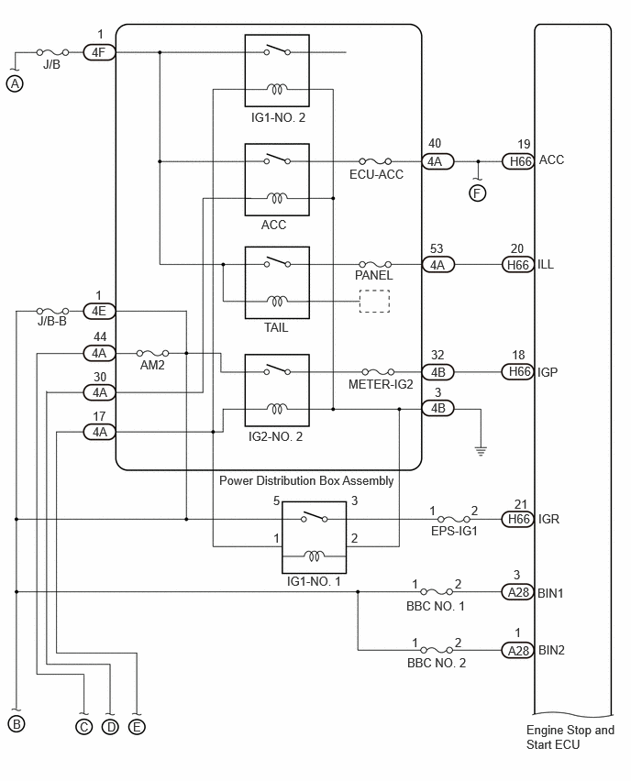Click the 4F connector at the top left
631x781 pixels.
pyautogui.click(x=99, y=52)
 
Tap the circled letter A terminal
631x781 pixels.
pyautogui.click(x=15, y=83)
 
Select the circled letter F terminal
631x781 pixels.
pyautogui.click(x=478, y=193)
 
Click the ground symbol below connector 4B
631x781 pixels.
pyautogui.click(x=481, y=451)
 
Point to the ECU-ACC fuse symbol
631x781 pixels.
pyautogui.click(x=375, y=161)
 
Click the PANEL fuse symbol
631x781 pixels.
pyautogui.click(x=375, y=264)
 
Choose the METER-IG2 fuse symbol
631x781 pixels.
pyautogui.click(x=378, y=371)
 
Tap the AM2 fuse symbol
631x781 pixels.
pyautogui.click(x=152, y=353)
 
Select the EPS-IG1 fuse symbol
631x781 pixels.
pyautogui.click(x=454, y=519)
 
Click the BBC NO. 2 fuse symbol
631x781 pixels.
pyautogui.click(x=437, y=650)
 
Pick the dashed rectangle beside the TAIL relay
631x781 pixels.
pyautogui.click(x=374, y=302)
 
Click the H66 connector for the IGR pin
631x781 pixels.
pyautogui.click(x=518, y=519)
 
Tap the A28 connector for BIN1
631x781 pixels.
pyautogui.click(x=518, y=592)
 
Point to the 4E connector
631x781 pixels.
pyautogui.click(x=99, y=312)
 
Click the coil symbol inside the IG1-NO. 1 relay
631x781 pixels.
pyautogui.click(x=314, y=555)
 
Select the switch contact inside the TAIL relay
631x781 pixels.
pyautogui.click(x=278, y=261)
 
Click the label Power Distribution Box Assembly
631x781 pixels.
pyautogui.click(x=306, y=480)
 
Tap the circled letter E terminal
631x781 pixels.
pyautogui.click(x=137, y=727)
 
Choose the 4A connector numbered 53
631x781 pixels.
pyautogui.click(x=438, y=265)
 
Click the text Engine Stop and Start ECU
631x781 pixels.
pyautogui.click(x=570, y=737)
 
